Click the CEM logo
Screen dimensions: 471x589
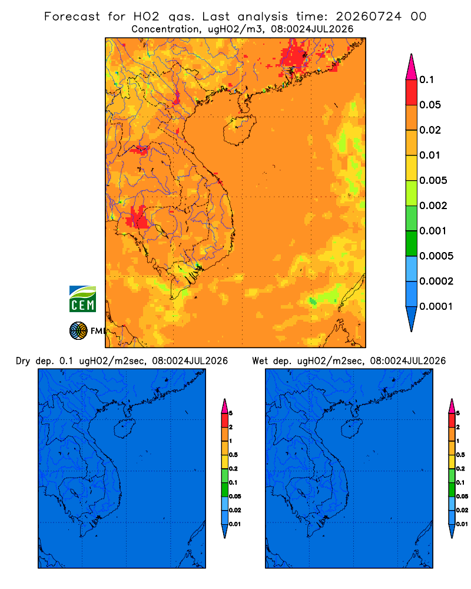pos(82,299)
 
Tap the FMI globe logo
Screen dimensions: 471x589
pos(78,330)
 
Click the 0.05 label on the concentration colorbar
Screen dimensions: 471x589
pos(430,105)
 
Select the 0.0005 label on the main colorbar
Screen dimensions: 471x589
pos(436,256)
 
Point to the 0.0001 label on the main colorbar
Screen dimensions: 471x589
pos(436,306)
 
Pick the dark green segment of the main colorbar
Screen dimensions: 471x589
pos(412,243)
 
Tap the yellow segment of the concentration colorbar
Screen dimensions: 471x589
pos(412,168)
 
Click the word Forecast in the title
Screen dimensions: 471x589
pos(72,16)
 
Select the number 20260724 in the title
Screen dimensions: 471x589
pos(369,16)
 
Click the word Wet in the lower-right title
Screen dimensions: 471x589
pos(260,361)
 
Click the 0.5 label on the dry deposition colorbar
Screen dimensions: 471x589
pos(233,455)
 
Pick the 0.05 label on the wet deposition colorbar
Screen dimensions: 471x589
pos(462,497)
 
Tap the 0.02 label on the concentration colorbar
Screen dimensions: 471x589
pos(430,130)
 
